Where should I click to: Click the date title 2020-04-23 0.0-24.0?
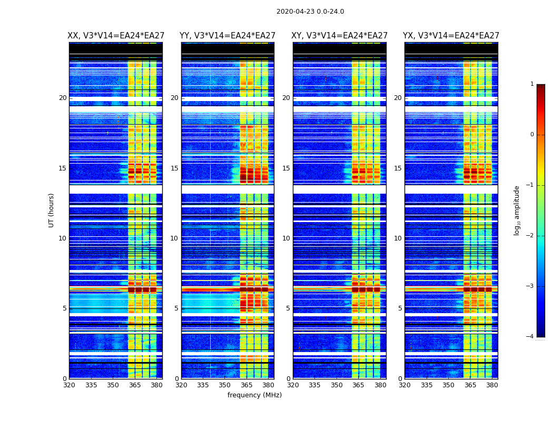tap(310, 12)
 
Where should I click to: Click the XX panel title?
tap(116, 36)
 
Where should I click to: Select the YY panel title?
tap(228, 36)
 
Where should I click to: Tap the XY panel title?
tap(340, 36)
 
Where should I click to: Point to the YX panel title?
tap(451, 36)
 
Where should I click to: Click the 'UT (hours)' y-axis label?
tap(52, 210)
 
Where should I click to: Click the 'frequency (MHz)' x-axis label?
tap(254, 395)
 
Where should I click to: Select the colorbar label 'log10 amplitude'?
tap(517, 210)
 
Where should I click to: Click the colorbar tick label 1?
tap(532, 84)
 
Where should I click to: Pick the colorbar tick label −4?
tap(530, 337)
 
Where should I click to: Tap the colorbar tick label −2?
tap(530, 236)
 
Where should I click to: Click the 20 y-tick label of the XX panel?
tap(63, 98)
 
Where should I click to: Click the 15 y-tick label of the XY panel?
tap(286, 168)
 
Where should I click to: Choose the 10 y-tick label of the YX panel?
tap(398, 238)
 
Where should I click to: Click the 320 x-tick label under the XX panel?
tap(69, 385)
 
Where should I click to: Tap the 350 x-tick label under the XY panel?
tap(337, 385)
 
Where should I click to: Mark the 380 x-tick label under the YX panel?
tap(492, 385)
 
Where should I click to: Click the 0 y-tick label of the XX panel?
tap(65, 379)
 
